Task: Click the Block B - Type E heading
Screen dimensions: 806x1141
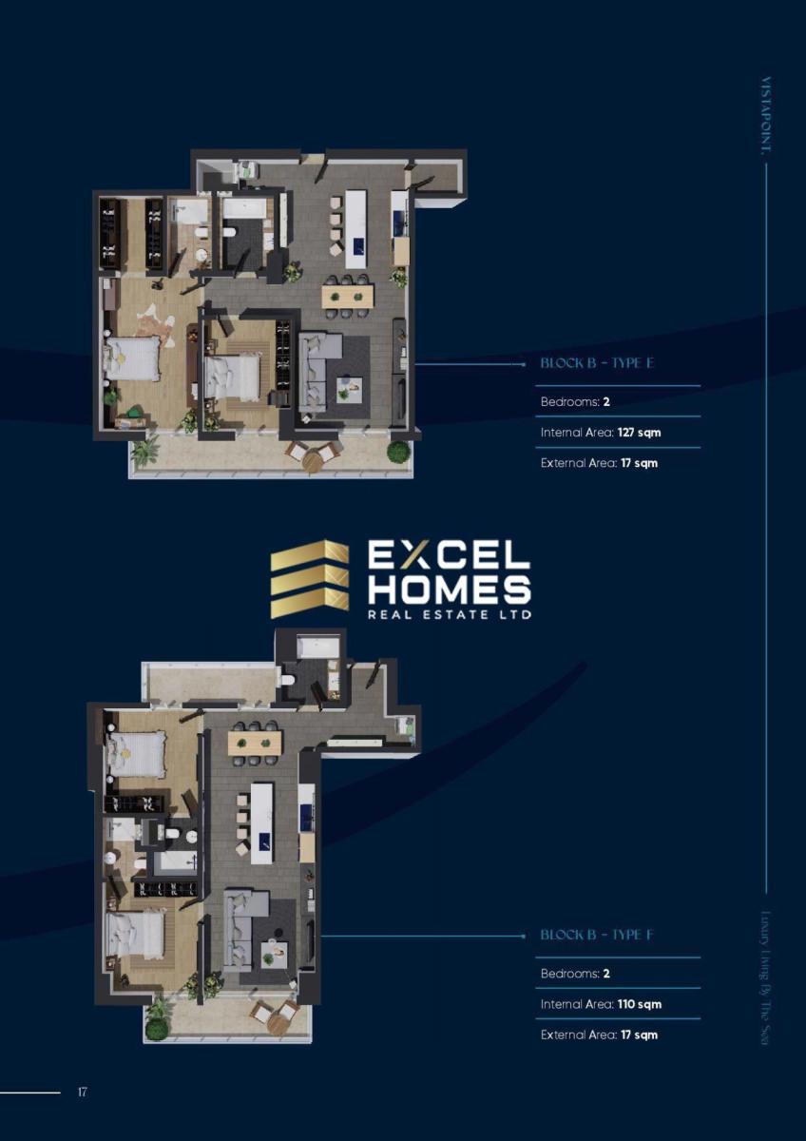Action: pyautogui.click(x=597, y=363)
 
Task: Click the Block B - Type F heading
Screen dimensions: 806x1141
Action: pyautogui.click(x=597, y=935)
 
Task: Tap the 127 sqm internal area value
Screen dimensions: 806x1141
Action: pyautogui.click(x=639, y=433)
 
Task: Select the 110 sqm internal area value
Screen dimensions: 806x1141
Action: pyautogui.click(x=639, y=1004)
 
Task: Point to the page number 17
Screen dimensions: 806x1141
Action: pyautogui.click(x=82, y=1093)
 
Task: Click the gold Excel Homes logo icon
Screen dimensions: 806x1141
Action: pyautogui.click(x=310, y=579)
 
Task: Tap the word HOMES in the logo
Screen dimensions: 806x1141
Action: pyautogui.click(x=449, y=589)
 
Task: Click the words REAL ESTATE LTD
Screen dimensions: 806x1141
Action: pyautogui.click(x=449, y=614)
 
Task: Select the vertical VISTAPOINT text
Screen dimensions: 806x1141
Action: pyautogui.click(x=766, y=116)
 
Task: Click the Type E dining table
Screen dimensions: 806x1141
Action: pyautogui.click(x=348, y=295)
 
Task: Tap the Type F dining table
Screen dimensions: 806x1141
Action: pyautogui.click(x=255, y=743)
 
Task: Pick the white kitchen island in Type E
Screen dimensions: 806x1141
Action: pyautogui.click(x=355, y=229)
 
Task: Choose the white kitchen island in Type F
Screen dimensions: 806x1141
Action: pyautogui.click(x=261, y=822)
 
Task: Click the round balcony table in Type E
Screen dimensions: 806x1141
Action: pyautogui.click(x=312, y=461)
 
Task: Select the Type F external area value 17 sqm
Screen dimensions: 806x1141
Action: pyautogui.click(x=639, y=1035)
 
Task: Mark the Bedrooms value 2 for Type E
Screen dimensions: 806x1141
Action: pyautogui.click(x=606, y=402)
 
